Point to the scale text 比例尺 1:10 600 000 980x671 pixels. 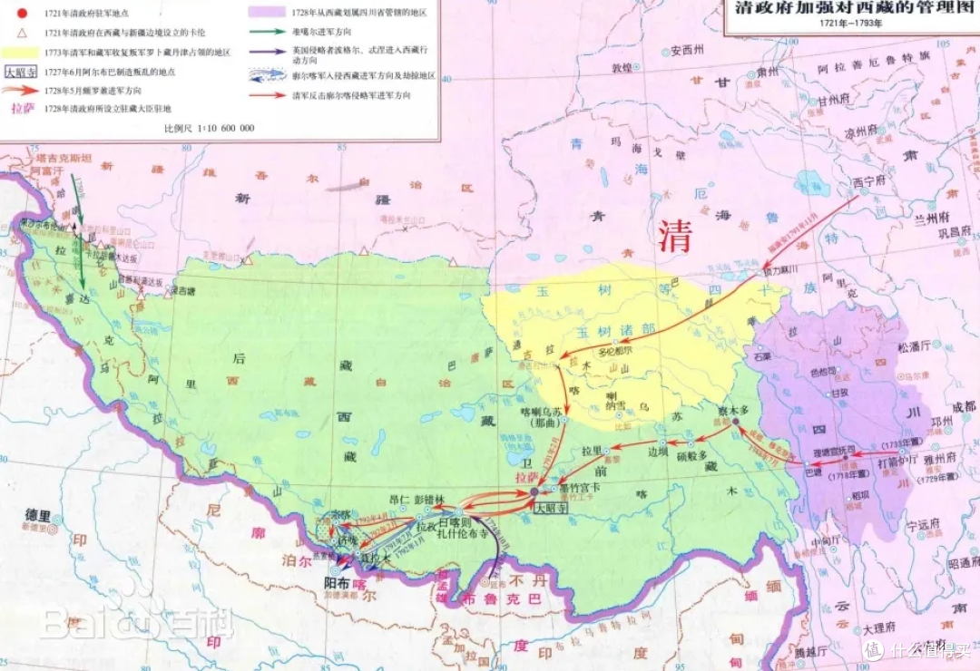tap(208, 128)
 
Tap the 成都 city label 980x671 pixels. tap(958, 405)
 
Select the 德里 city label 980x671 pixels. tap(38, 515)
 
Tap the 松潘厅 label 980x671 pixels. tap(913, 346)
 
